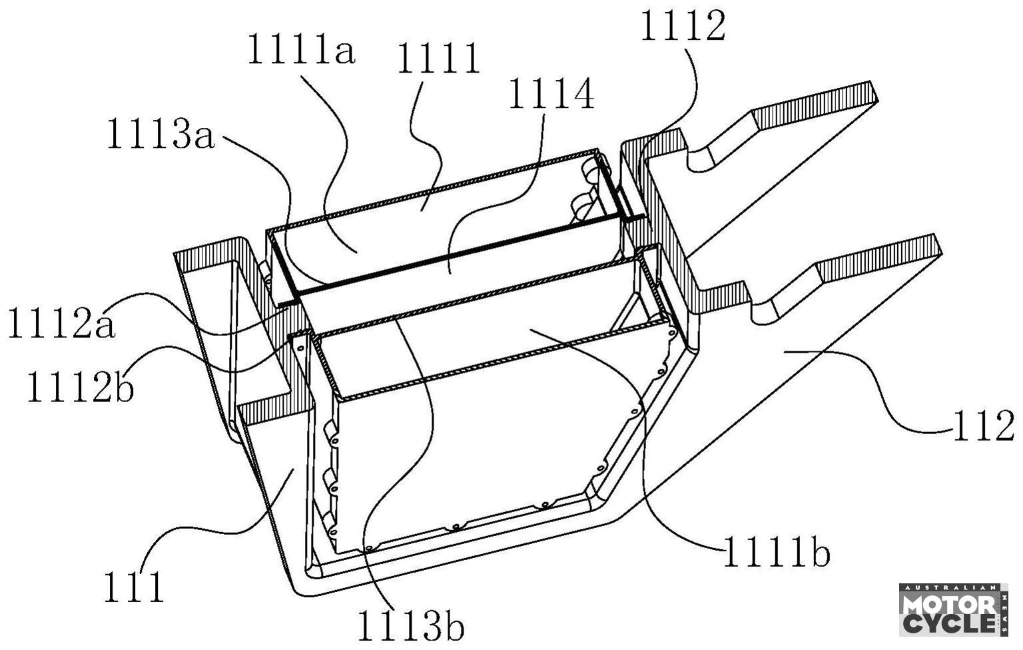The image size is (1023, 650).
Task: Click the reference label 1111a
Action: click(301, 51)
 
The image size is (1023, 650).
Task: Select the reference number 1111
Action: click(438, 59)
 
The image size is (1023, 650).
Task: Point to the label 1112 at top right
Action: click(682, 28)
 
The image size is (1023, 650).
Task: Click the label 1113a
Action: click(161, 137)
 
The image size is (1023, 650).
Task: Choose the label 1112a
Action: click(61, 325)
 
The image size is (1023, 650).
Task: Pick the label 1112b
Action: click(80, 387)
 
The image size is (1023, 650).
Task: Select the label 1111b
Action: click(777, 553)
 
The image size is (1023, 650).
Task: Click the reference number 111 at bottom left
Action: click(133, 587)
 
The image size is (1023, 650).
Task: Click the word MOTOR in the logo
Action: click(950, 605)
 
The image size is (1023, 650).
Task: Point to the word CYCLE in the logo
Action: click(950, 625)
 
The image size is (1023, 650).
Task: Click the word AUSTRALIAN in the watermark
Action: click(950, 589)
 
